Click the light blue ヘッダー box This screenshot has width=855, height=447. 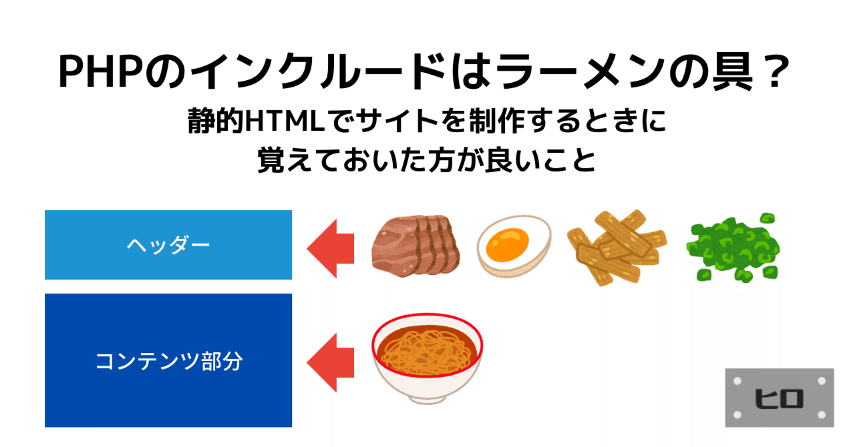(168, 245)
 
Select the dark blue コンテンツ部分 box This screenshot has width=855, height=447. (168, 360)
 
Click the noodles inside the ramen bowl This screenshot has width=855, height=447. (427, 344)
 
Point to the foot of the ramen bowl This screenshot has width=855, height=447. (427, 398)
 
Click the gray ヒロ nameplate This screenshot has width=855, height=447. (780, 398)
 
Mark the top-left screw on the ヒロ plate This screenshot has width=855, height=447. (738, 380)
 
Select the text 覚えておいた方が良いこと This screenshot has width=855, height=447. (427, 160)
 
